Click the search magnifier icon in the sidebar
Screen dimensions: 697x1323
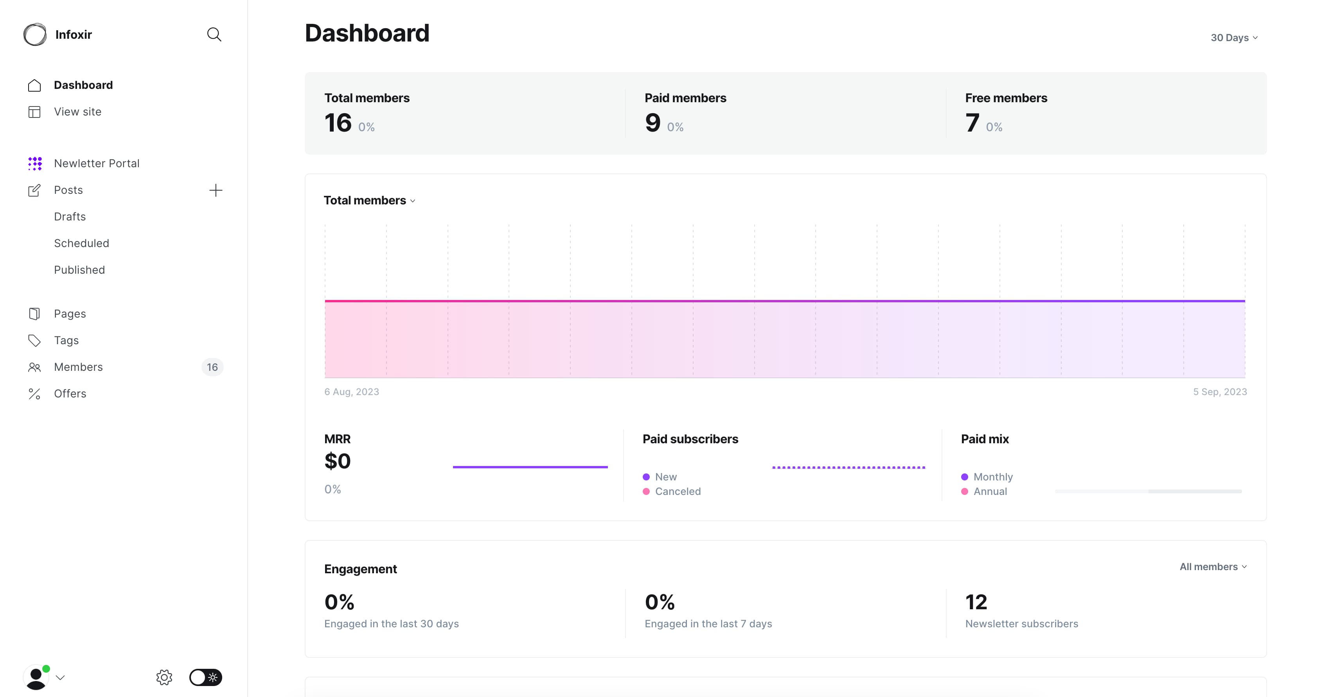[x=214, y=34]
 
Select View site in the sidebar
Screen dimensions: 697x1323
[x=77, y=112]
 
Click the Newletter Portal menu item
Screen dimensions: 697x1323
[x=97, y=163]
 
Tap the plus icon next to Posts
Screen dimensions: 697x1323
[x=216, y=190]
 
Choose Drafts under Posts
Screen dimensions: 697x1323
[x=70, y=217]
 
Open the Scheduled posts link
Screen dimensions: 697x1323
[x=82, y=243]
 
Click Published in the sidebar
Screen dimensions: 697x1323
[x=79, y=270]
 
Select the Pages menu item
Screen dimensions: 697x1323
[x=70, y=314]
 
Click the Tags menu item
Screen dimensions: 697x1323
[x=66, y=340]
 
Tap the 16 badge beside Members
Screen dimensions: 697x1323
[x=212, y=367]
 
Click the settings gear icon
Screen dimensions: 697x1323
[x=164, y=677]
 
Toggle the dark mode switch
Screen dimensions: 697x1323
[x=205, y=677]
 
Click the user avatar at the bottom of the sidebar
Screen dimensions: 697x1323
[x=36, y=677]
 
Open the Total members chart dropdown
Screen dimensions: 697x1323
[x=369, y=200]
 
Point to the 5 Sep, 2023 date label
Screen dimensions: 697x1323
[x=1220, y=392]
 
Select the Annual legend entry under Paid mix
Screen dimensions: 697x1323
[x=990, y=491]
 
